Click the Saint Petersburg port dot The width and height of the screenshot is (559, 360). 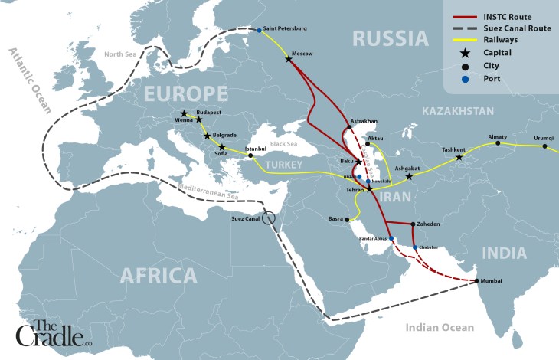pos(260,31)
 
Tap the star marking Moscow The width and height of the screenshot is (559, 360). pos(289,60)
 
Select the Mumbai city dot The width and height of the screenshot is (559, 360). pos(477,281)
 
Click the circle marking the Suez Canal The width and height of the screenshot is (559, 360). pos(268,218)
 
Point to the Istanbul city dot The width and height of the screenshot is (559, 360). pos(250,155)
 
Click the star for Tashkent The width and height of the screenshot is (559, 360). pos(459,158)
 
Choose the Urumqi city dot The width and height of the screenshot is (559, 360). pos(544,146)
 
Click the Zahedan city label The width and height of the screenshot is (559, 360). pos(428,224)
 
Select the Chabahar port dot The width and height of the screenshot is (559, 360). pos(415,247)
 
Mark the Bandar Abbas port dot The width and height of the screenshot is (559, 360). pos(391,238)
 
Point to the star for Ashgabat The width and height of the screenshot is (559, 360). pos(409,177)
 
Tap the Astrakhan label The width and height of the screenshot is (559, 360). pos(363,121)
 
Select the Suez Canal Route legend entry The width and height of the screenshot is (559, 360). pos(498,27)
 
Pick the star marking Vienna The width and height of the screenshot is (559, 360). pos(184,113)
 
